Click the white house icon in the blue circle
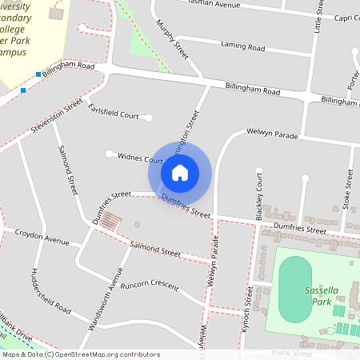click(x=180, y=172)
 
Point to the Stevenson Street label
click(x=55, y=117)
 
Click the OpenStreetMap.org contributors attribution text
click(x=104, y=354)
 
